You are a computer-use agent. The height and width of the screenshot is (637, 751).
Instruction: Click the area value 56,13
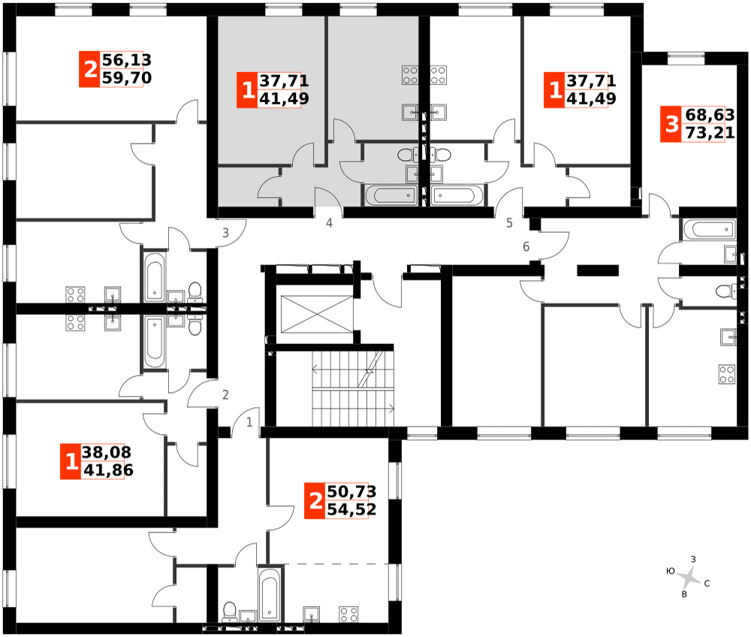126,60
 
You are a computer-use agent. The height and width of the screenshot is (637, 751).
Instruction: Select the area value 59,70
126,78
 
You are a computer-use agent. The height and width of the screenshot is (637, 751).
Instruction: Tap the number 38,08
107,453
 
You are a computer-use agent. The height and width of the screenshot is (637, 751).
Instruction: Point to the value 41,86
108,470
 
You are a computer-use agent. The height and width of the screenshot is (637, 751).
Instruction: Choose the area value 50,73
351,492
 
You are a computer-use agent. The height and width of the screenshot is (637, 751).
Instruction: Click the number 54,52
351,509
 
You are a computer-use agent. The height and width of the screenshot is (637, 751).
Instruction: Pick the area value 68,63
710,116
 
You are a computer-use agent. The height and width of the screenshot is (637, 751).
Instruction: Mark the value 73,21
710,133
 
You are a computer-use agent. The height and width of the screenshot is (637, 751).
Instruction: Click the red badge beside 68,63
672,125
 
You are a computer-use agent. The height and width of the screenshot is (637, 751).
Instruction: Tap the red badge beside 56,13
90,69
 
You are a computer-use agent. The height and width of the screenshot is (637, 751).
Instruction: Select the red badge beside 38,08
71,462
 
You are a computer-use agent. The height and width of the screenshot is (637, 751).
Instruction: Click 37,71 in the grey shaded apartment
284,81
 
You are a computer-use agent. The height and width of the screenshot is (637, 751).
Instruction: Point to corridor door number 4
329,222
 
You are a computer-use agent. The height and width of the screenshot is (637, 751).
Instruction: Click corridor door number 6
526,246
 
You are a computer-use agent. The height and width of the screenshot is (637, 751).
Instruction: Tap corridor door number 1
249,422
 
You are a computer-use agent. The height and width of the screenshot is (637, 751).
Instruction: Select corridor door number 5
509,222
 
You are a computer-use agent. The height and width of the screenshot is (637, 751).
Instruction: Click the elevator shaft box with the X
317,314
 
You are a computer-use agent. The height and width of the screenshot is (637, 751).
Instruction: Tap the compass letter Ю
671,571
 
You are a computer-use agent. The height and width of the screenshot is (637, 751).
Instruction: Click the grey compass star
689,578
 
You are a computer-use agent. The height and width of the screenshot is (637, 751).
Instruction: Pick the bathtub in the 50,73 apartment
269,594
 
